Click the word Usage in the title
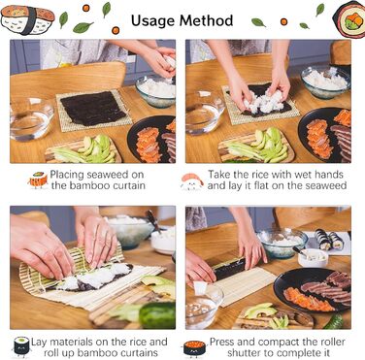pos(152,20)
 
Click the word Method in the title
pos(206,20)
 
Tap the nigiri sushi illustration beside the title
pos(27,19)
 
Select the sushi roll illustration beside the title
pos(349,19)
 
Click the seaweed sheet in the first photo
pos(93,108)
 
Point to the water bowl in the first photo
pos(31,118)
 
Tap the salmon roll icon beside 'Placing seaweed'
pos(38,180)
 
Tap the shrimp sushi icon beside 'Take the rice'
pos(192,181)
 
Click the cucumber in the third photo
pos(157,315)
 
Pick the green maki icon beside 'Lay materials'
pos(21,346)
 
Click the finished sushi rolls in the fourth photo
pos(329,240)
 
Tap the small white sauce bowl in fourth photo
pos(313,258)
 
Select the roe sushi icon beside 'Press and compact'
pos(194,348)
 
